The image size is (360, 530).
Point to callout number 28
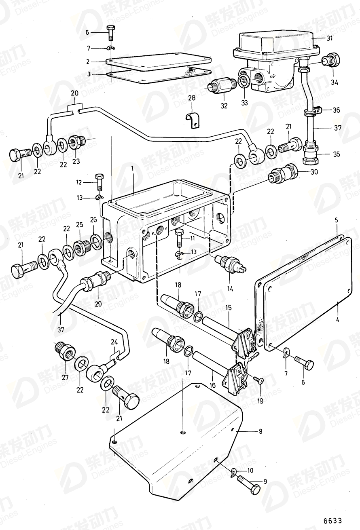(x=192, y=98)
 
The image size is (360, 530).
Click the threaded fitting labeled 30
(x=283, y=175)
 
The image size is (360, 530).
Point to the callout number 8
(x=260, y=432)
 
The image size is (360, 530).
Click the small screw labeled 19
(x=259, y=380)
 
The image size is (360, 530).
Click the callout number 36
(x=336, y=110)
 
